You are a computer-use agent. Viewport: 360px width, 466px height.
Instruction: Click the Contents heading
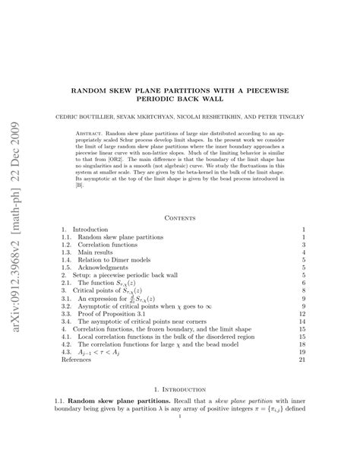[179, 217]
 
